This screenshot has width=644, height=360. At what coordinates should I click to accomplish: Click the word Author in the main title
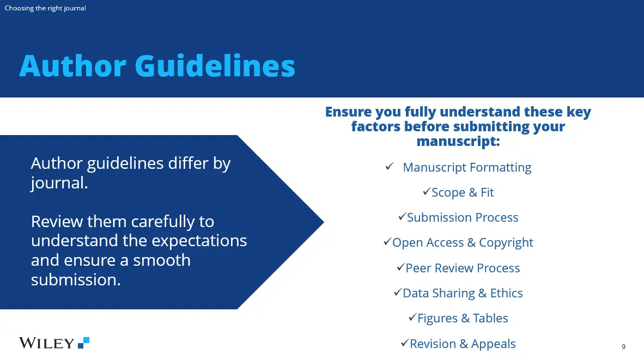coord(72,66)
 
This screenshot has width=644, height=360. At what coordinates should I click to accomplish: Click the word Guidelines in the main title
coord(215,66)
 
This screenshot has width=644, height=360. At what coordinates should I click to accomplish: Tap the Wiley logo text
coord(46,343)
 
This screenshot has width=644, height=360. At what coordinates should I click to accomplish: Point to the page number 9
coord(623,347)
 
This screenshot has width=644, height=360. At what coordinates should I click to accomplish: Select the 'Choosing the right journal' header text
coord(45,8)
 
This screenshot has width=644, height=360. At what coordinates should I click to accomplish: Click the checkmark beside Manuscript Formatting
coord(390,166)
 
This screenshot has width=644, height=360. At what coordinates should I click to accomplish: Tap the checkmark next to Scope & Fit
coord(427,191)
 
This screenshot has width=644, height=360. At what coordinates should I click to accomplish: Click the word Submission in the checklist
coord(436,217)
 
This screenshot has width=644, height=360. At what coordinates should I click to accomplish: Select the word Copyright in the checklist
coord(506,242)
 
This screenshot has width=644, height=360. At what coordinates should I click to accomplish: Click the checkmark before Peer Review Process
coord(401,267)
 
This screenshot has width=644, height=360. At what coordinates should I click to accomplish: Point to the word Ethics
coord(506,293)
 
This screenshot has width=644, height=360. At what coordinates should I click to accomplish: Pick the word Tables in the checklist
coord(490,318)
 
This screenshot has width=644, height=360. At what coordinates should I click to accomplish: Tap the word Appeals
coord(493,344)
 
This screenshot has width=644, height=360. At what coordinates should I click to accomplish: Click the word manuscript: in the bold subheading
coord(458,141)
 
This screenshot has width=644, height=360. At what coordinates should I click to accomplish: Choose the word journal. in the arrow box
coord(59,183)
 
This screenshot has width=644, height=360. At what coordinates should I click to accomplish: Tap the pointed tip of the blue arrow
coord(324,222)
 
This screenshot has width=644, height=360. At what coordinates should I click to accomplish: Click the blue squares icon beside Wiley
coord(84,343)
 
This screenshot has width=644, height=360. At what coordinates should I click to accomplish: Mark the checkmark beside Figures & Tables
coord(413,318)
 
